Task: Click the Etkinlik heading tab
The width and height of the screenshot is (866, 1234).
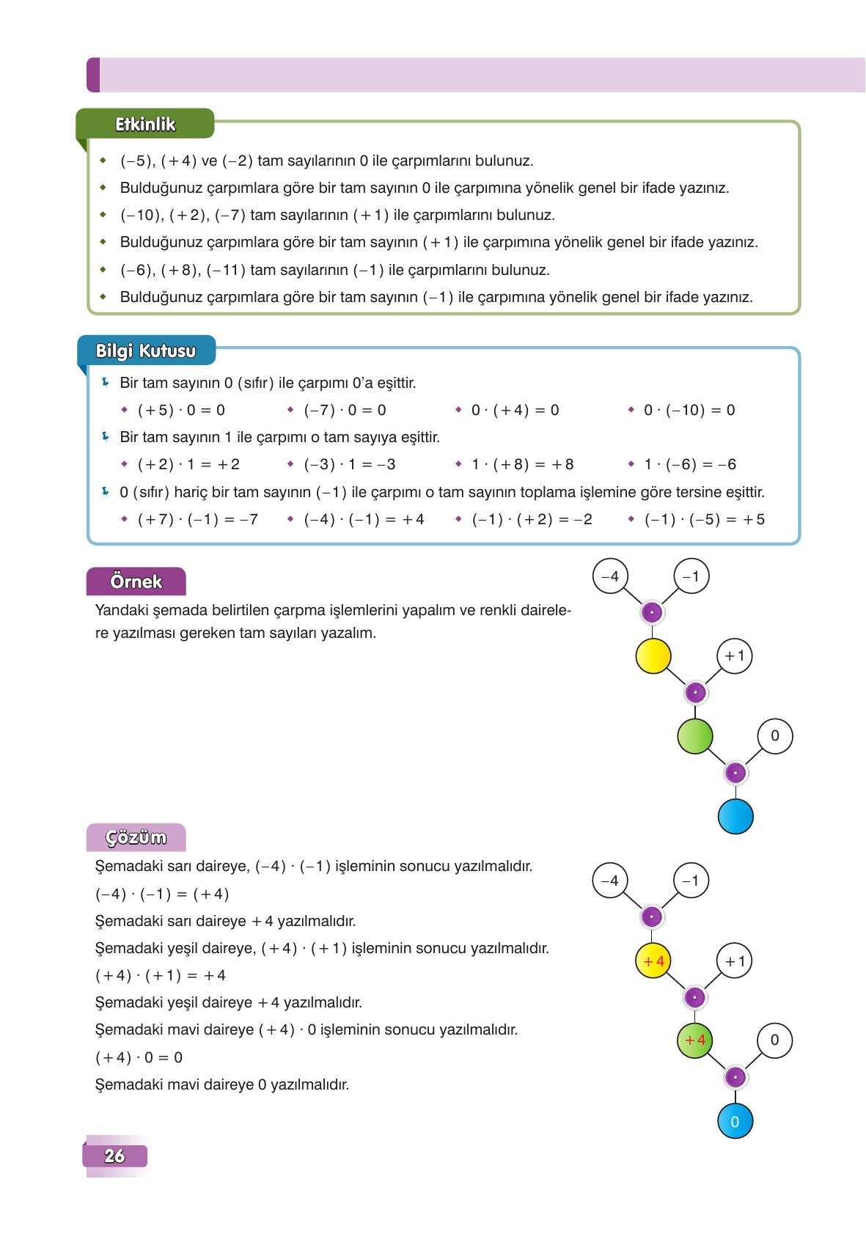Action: click(x=145, y=124)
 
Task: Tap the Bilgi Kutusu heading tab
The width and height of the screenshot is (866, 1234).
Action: click(x=146, y=350)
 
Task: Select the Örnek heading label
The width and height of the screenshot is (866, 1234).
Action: click(x=136, y=581)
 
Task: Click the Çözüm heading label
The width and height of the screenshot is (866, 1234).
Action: click(x=136, y=837)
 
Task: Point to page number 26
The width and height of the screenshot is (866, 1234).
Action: click(x=115, y=1156)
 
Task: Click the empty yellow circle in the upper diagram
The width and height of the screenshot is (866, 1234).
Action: click(x=653, y=655)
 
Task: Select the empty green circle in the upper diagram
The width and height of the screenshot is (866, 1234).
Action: click(x=694, y=735)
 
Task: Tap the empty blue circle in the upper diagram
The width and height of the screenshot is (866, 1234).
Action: click(x=735, y=816)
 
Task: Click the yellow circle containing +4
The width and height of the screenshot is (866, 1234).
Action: click(x=653, y=961)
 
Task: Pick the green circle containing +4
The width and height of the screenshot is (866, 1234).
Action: click(x=694, y=1040)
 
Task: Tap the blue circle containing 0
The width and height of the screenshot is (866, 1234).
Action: click(x=735, y=1121)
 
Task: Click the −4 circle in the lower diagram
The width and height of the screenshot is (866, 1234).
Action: click(x=610, y=881)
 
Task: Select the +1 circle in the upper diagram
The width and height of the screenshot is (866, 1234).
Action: click(x=734, y=655)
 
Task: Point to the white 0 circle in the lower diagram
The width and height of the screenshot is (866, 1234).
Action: click(x=774, y=1040)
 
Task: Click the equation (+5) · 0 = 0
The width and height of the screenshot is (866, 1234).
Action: click(x=181, y=410)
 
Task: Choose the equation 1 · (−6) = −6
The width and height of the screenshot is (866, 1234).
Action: click(x=689, y=464)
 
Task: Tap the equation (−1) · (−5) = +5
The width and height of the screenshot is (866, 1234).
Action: click(x=704, y=519)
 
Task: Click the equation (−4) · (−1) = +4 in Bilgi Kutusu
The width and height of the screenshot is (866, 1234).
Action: click(x=364, y=519)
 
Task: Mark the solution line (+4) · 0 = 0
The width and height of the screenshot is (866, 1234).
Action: click(x=139, y=1057)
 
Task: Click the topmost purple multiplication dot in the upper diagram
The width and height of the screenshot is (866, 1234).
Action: click(x=652, y=612)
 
